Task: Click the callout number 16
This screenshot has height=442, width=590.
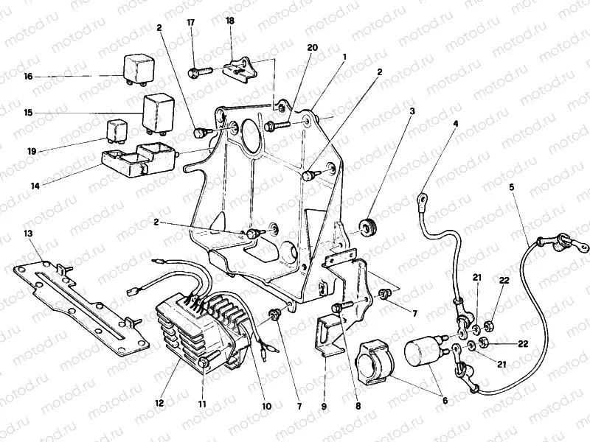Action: [x=28, y=76]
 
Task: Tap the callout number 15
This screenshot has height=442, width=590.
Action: [x=28, y=113]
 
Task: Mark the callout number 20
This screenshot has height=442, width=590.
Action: [x=312, y=47]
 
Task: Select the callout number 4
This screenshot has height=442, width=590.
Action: [x=455, y=124]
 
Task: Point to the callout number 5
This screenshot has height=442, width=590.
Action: [x=510, y=187]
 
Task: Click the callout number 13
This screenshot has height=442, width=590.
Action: [x=28, y=234]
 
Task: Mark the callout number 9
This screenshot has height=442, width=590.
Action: [x=324, y=404]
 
